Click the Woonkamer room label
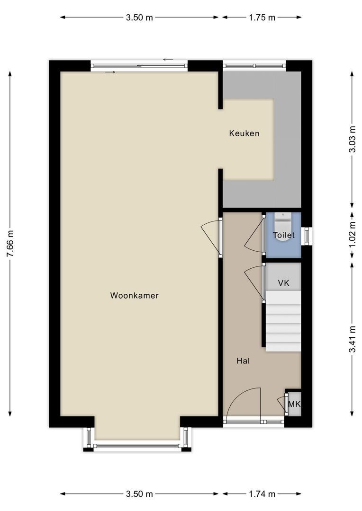pyautogui.click(x=134, y=296)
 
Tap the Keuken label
pyautogui.click(x=244, y=133)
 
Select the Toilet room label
pyautogui.click(x=283, y=235)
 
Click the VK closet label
pyautogui.click(x=283, y=283)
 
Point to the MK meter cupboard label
pyautogui.click(x=294, y=405)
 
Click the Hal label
pyautogui.click(x=243, y=361)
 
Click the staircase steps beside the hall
pyautogui.click(x=283, y=322)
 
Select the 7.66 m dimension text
pyautogui.click(x=10, y=244)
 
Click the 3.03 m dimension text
pyautogui.click(x=352, y=140)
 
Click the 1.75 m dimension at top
pyautogui.click(x=262, y=18)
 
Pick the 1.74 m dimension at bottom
pyautogui.click(x=262, y=494)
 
